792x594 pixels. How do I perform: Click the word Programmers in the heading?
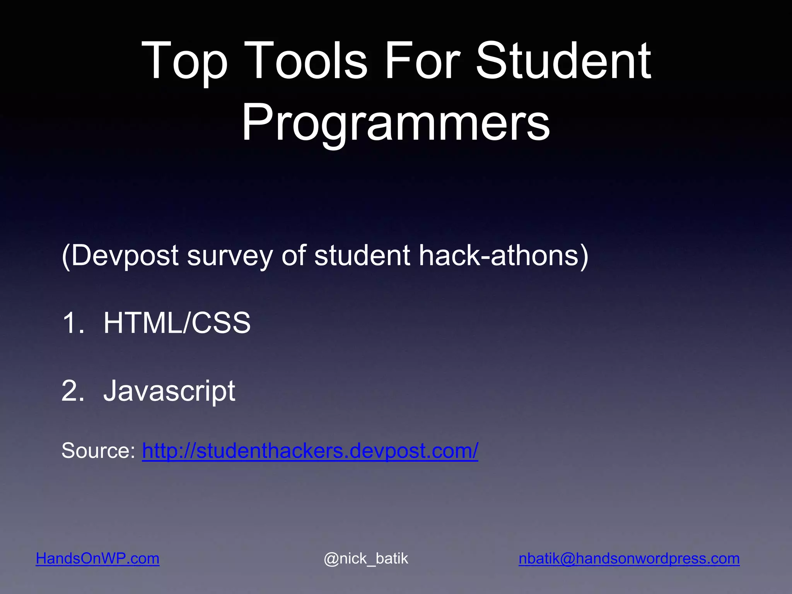[395, 123]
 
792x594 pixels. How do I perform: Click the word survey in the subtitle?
[230, 256]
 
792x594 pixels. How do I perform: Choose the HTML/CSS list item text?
[177, 323]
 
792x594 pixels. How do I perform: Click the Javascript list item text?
[169, 391]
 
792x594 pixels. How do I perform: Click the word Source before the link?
[97, 451]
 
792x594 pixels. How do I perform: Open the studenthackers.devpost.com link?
[310, 451]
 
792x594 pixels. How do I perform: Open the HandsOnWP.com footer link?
[97, 558]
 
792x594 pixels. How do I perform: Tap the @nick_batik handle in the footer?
[366, 558]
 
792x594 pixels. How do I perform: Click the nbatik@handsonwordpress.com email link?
[629, 558]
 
